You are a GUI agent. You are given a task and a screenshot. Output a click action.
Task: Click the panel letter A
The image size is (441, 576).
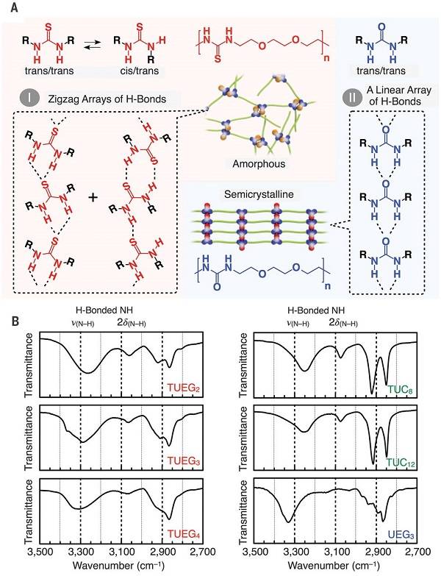coord(14,7)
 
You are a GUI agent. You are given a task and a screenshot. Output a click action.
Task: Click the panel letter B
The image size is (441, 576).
coord(15,322)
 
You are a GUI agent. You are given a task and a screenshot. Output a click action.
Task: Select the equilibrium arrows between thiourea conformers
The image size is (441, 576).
coord(92,45)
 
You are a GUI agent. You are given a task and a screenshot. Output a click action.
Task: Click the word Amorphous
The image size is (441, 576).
coord(259,163)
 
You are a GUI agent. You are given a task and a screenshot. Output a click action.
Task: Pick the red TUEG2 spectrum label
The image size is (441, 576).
coord(184,388)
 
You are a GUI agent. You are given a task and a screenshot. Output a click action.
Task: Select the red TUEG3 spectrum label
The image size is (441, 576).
coord(184,461)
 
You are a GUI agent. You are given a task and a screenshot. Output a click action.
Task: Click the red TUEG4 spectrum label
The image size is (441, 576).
coord(184,534)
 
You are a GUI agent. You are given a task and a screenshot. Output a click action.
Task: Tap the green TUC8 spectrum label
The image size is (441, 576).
coord(400,389)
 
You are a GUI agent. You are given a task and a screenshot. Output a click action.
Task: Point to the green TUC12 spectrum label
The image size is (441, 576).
coord(401,462)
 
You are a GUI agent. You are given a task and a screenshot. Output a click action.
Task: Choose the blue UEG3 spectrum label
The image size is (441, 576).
coord(401,535)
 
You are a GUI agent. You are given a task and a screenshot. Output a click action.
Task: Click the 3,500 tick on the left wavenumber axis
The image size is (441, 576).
coord(40,552)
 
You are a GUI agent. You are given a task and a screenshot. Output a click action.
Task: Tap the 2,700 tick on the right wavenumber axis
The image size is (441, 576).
coord(418,552)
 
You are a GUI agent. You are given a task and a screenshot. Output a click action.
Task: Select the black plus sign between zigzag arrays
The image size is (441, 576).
coord(93,198)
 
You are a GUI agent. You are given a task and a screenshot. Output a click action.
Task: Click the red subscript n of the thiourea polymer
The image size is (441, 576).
coord(326,57)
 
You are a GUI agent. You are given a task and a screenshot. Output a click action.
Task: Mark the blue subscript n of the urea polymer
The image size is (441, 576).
coord(327,285)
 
